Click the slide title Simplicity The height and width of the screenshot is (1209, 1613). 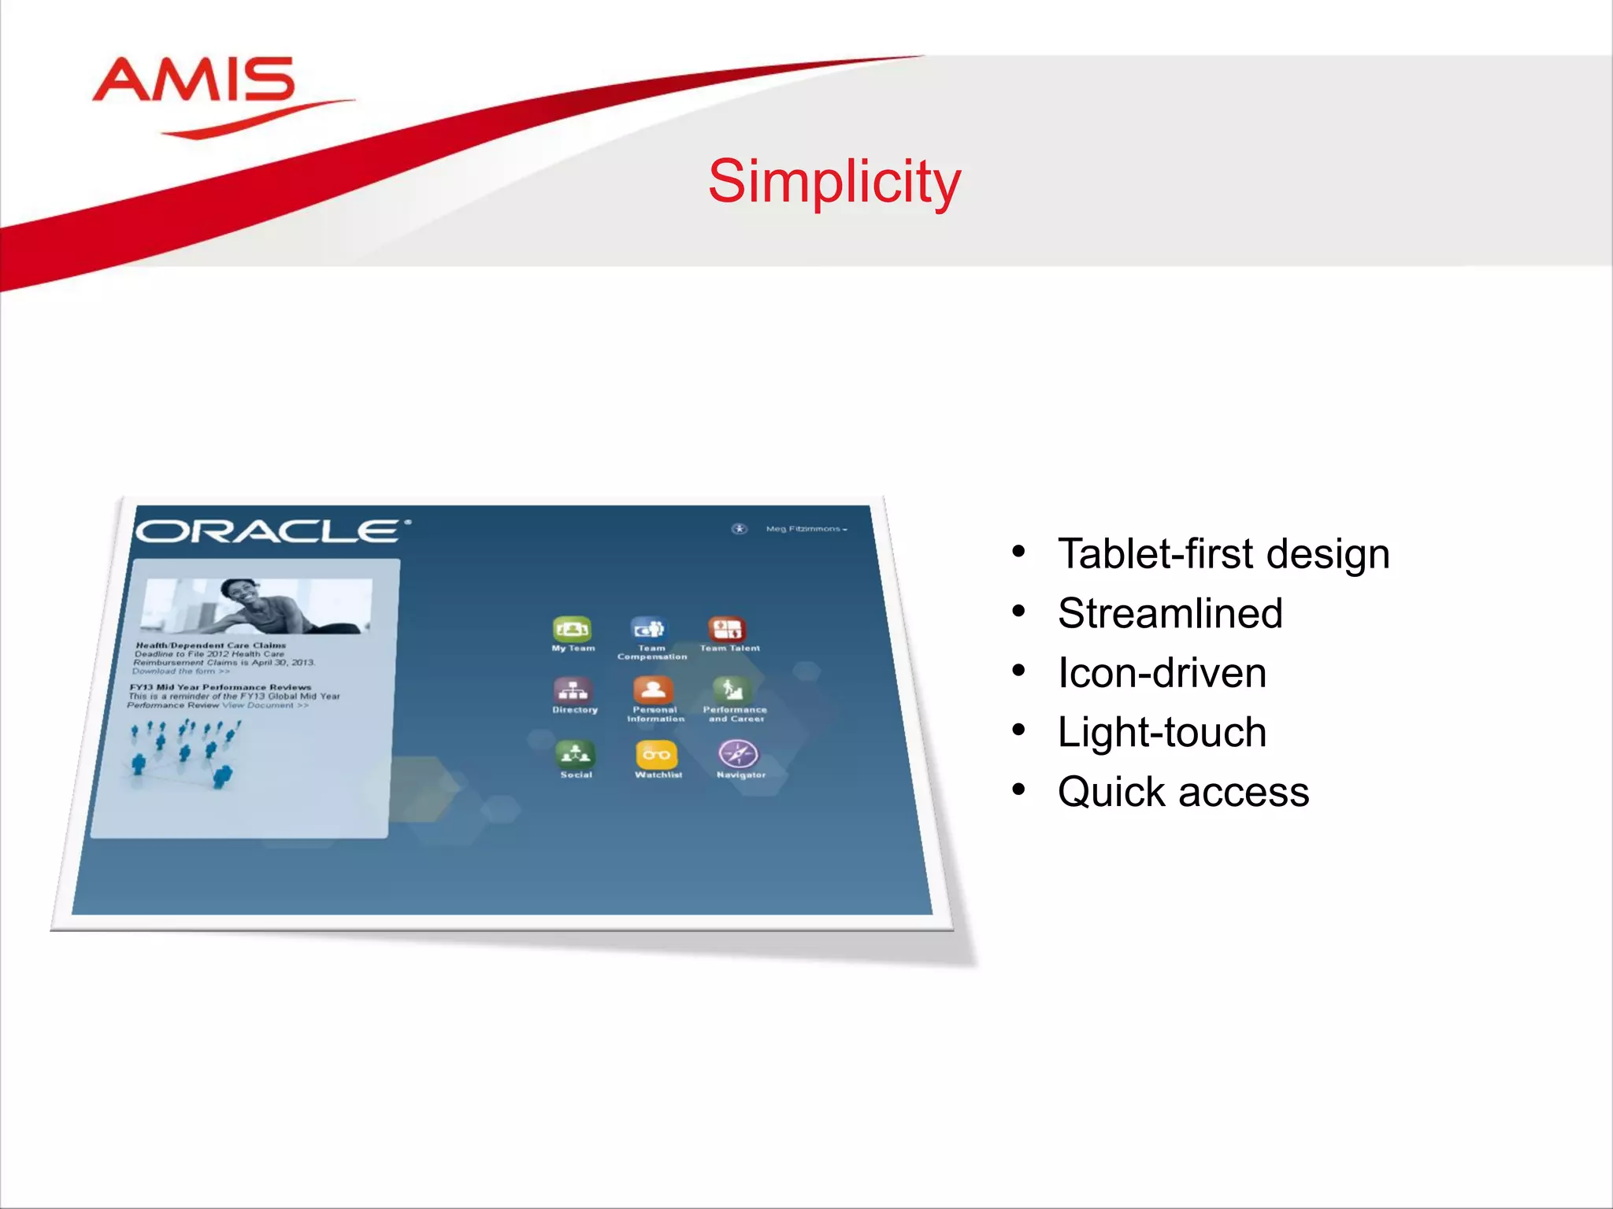[834, 181]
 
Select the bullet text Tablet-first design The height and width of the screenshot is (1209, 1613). [1223, 553]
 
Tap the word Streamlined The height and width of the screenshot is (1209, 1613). [1170, 613]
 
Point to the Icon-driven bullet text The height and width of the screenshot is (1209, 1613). [1162, 673]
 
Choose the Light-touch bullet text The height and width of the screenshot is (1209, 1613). [1162, 732]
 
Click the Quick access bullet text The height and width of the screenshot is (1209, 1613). [1183, 792]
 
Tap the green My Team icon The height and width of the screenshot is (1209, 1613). [572, 629]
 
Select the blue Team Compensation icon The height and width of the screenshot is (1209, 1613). [649, 629]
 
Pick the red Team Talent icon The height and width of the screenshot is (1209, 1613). [727, 629]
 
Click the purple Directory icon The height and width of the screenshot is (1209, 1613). [573, 690]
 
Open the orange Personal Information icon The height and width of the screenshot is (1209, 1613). [653, 690]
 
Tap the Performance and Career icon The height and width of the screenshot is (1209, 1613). [732, 690]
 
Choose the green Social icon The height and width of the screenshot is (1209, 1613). [576, 755]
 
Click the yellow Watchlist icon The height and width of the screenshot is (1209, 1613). [656, 755]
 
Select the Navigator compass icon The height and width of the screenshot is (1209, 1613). [738, 754]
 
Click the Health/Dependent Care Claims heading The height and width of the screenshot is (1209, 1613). [211, 645]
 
